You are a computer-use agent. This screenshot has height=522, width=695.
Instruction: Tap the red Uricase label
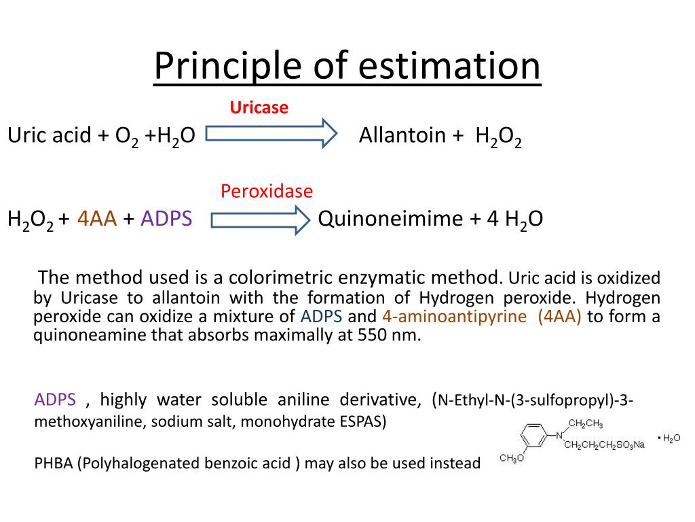259,107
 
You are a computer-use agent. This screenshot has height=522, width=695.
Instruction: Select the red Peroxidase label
267,192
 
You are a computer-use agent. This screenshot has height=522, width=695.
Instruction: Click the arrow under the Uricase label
271,133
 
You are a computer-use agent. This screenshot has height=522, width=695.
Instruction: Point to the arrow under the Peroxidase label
260,219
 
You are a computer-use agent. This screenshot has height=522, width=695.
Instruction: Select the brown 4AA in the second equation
98,219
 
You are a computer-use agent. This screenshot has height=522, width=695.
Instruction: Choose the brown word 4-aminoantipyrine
454,317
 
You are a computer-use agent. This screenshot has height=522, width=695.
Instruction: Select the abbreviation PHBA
54,464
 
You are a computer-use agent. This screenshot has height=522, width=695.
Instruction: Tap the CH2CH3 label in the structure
585,424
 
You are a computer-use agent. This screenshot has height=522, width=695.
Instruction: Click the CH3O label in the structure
511,459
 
